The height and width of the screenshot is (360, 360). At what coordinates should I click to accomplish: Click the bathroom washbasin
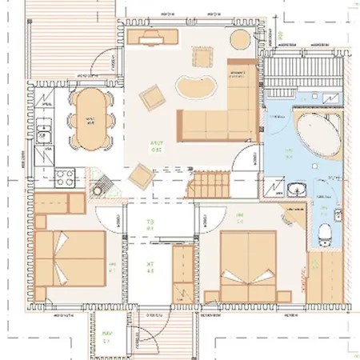tap(297, 190)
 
